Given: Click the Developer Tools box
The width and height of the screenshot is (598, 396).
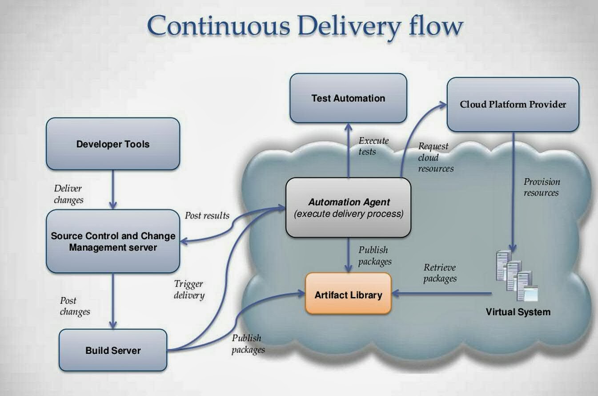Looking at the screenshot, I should (x=113, y=144).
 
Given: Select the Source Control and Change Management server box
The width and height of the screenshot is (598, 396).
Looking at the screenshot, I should (x=113, y=241).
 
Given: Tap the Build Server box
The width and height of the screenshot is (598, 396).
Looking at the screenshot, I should (x=113, y=350).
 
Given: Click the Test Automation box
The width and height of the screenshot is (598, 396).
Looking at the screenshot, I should (x=348, y=98).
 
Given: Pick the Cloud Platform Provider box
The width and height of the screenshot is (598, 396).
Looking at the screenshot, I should (x=513, y=105).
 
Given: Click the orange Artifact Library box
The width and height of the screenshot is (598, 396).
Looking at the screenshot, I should (x=348, y=294).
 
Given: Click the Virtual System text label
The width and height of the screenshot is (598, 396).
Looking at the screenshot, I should (x=518, y=312).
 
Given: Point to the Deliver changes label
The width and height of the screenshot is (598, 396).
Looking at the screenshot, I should (x=68, y=194).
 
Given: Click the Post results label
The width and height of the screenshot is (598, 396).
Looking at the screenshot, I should (x=207, y=216).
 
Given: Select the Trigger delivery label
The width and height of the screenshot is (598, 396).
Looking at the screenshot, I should (x=189, y=289).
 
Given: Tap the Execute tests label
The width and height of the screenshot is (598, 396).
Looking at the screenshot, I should (x=373, y=146).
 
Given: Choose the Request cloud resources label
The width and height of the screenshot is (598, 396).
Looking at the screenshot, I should (x=435, y=157).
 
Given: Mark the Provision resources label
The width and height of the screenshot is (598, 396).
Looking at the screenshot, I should (x=541, y=187).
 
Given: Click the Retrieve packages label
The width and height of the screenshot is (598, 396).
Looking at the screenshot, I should (x=440, y=273).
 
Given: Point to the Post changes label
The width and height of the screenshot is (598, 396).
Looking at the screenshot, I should (x=75, y=306).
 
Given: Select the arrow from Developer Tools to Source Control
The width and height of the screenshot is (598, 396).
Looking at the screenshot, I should (x=113, y=189).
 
